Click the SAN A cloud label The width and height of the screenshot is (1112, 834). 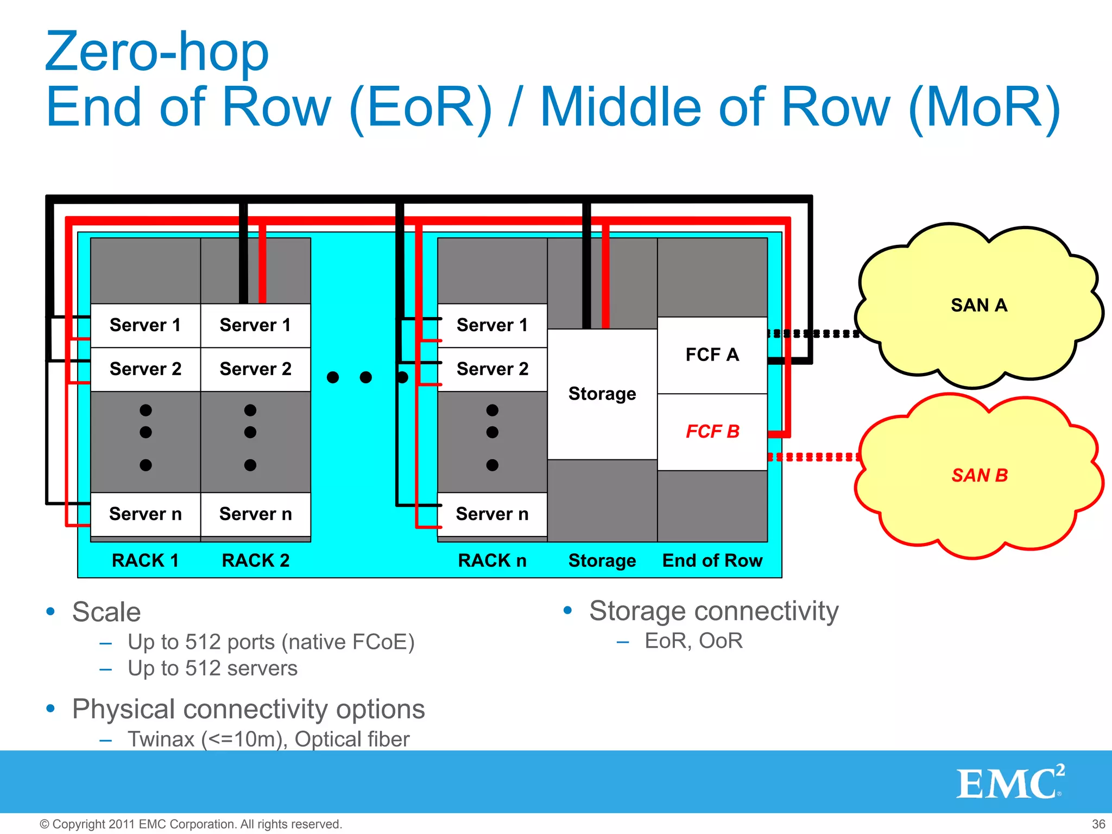(978, 305)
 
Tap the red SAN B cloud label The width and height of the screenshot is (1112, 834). (980, 476)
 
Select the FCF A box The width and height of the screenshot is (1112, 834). (712, 355)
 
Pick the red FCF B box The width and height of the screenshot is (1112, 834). (712, 432)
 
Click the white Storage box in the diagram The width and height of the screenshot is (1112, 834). (602, 394)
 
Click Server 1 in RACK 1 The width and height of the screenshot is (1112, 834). (145, 325)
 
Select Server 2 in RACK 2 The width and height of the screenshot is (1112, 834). (255, 369)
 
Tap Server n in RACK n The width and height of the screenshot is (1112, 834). (492, 514)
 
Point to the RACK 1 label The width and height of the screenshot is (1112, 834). (145, 560)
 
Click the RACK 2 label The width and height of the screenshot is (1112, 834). (255, 560)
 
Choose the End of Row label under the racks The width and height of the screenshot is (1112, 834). (712, 560)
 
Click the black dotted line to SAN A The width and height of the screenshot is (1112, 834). (814, 333)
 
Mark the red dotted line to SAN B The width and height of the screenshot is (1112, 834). (814, 457)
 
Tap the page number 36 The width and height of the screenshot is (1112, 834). (1098, 824)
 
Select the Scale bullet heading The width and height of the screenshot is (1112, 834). (106, 612)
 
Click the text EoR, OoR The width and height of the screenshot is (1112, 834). (693, 641)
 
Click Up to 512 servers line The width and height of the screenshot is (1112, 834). (212, 668)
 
